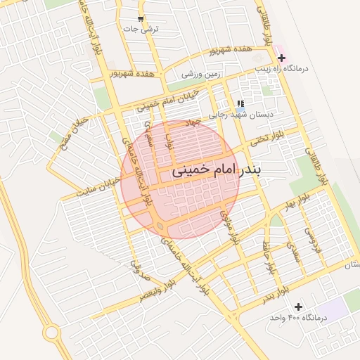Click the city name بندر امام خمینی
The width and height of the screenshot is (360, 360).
click(x=215, y=171)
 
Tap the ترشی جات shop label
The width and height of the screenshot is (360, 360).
click(x=141, y=30)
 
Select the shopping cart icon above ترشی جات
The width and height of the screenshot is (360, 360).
click(x=141, y=19)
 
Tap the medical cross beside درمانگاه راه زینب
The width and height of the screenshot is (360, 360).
click(x=282, y=58)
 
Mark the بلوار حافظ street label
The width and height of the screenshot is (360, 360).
click(x=268, y=258)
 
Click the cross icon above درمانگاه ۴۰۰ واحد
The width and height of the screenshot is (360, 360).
click(x=299, y=307)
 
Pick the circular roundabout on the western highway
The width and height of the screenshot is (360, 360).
click(x=51, y=332)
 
